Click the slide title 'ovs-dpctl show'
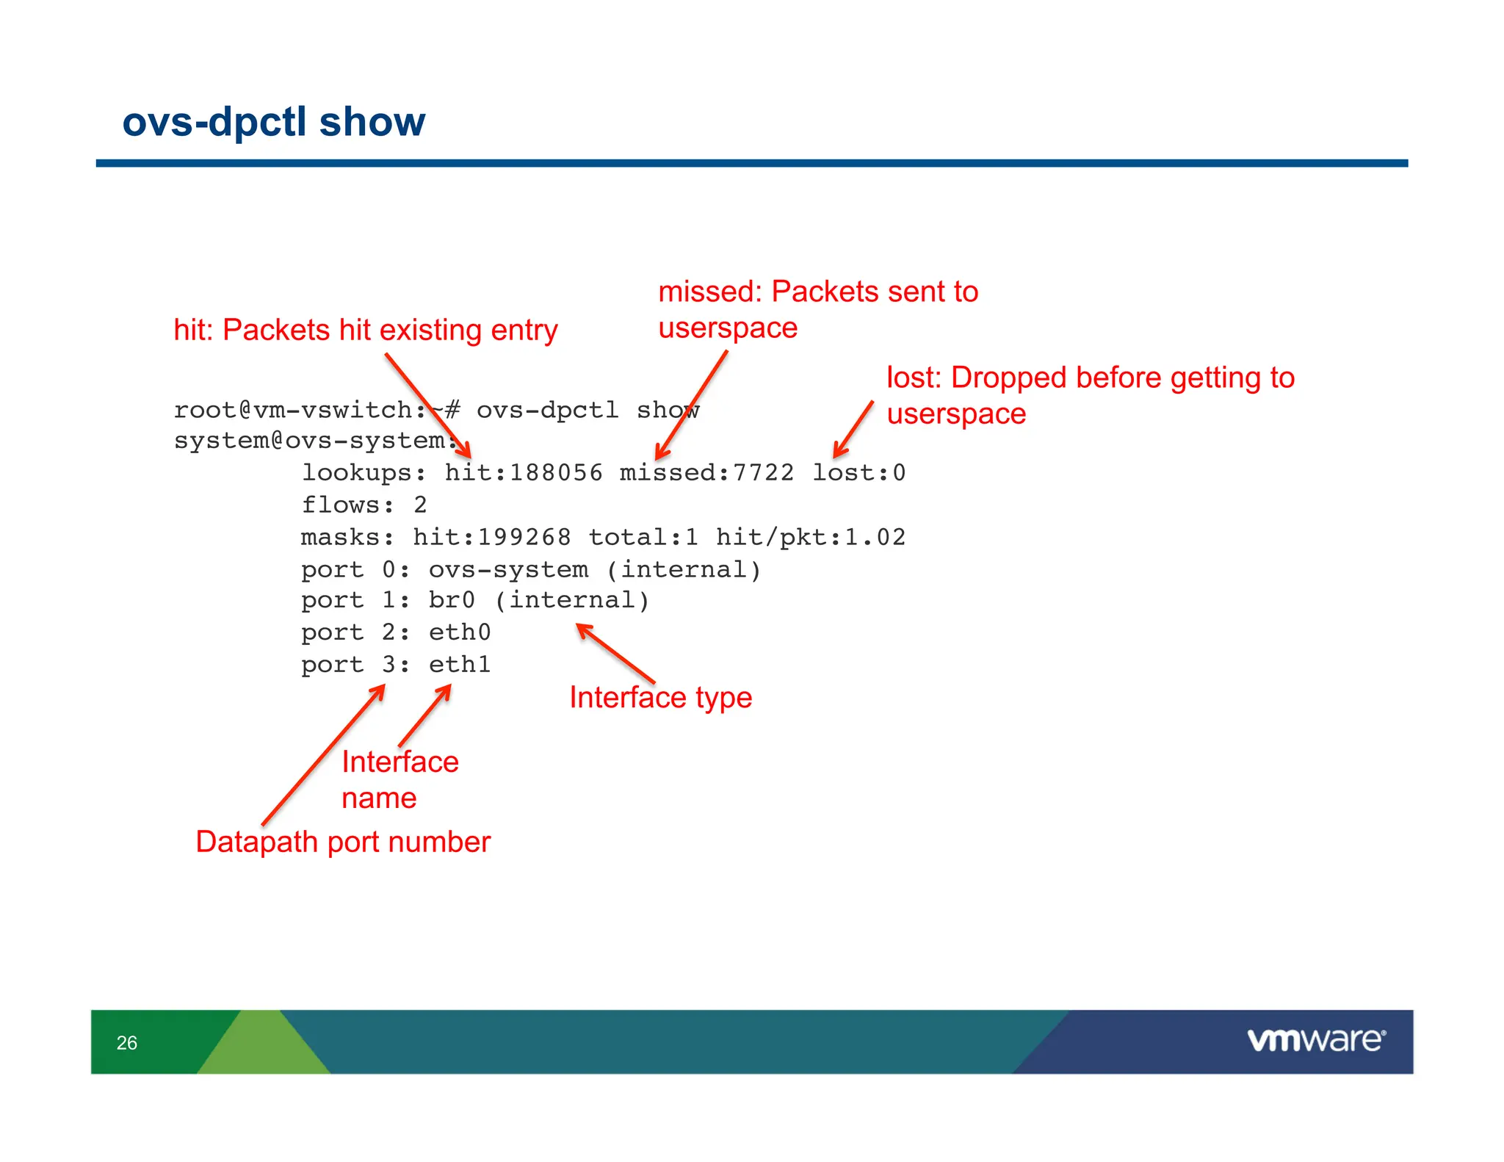(x=273, y=121)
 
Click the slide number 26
(x=126, y=1042)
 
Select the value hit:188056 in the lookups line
(x=523, y=472)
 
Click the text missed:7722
(x=706, y=472)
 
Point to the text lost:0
(x=858, y=472)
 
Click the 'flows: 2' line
(x=364, y=505)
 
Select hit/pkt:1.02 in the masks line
(x=810, y=537)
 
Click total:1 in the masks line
(x=643, y=537)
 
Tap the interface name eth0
(x=460, y=632)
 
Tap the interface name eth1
(x=460, y=664)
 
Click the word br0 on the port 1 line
(x=452, y=600)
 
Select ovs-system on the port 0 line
(x=508, y=569)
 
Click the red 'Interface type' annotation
(x=660, y=697)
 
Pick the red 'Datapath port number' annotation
(x=342, y=842)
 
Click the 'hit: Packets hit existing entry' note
(x=365, y=330)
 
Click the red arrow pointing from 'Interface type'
(x=615, y=653)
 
